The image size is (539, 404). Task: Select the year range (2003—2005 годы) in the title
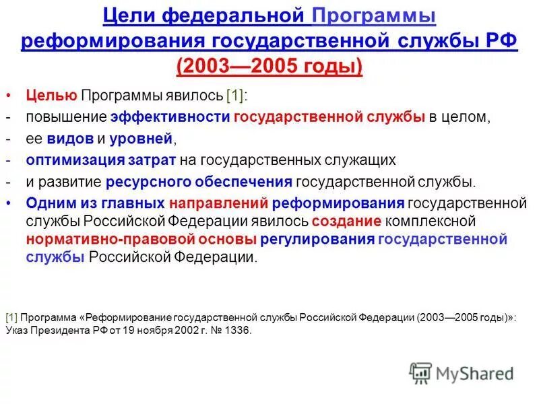(269, 67)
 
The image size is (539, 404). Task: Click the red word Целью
(53, 95)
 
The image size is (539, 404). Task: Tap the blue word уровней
(142, 139)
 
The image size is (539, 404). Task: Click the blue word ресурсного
(147, 182)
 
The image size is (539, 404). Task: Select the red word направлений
(219, 203)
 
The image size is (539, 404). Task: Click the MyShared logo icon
(420, 374)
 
